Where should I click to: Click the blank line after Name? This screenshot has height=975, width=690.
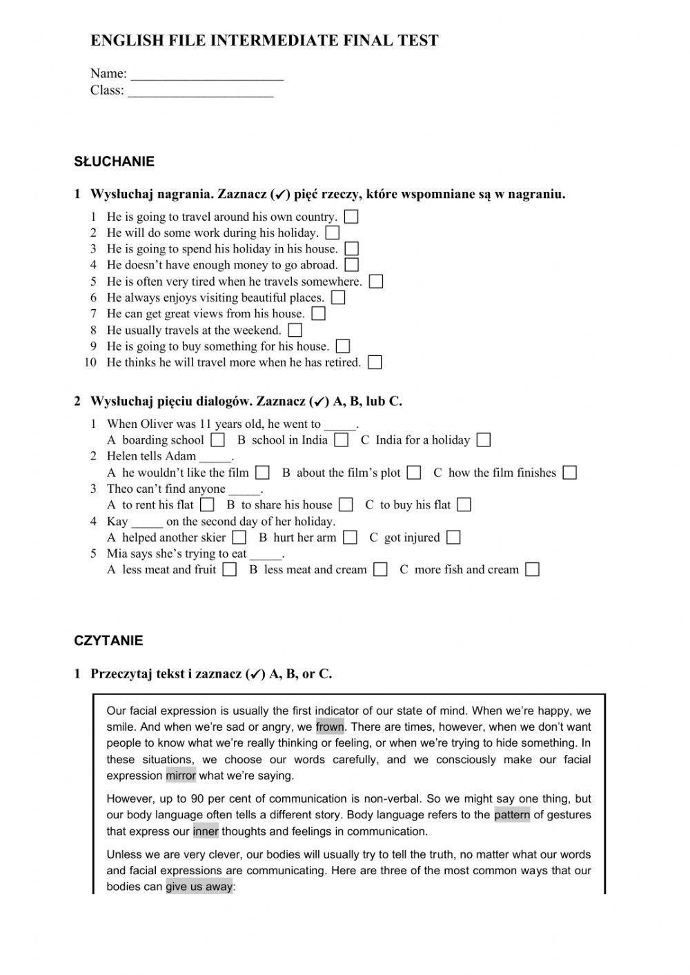(x=207, y=75)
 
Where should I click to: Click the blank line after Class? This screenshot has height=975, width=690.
(x=201, y=91)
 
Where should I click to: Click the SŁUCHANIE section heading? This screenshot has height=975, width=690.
(x=114, y=162)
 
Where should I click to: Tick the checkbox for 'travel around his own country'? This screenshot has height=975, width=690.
(x=351, y=217)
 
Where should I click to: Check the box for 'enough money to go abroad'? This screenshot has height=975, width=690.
(x=352, y=265)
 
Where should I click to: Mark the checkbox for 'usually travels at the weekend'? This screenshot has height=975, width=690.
(x=295, y=331)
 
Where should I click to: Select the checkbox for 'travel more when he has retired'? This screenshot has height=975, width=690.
(x=375, y=362)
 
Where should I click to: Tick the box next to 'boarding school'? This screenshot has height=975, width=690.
(x=218, y=440)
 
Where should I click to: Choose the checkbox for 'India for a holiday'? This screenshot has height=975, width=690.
(x=484, y=440)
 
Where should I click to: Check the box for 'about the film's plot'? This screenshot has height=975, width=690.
(x=414, y=473)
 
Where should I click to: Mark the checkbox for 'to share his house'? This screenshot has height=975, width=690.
(x=346, y=505)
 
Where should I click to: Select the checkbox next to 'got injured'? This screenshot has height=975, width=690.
(x=453, y=538)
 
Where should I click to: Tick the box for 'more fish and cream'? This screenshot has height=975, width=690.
(x=532, y=570)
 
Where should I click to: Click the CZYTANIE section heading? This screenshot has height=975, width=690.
(x=108, y=641)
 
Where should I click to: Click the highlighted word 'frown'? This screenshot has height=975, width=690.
(x=330, y=727)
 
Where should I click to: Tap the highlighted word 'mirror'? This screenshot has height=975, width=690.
(x=181, y=776)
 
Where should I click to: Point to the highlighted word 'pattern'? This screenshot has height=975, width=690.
(x=512, y=815)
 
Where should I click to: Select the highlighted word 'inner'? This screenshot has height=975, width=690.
(x=206, y=831)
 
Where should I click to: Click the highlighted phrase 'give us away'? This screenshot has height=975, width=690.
(x=199, y=887)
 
